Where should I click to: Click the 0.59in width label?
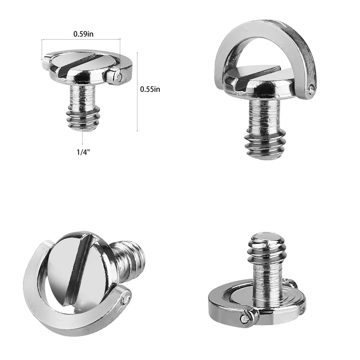(84, 34)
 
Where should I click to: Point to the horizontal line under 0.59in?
(81, 39)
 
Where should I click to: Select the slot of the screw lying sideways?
(78, 270)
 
